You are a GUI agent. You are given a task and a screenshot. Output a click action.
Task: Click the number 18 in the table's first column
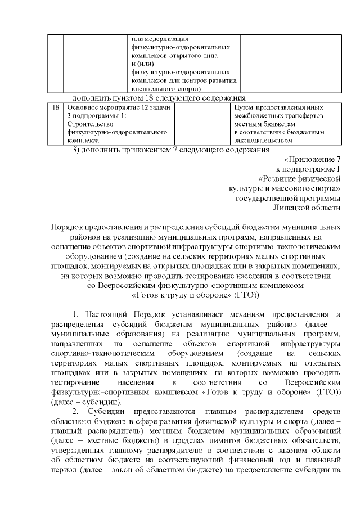click(x=55, y=106)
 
